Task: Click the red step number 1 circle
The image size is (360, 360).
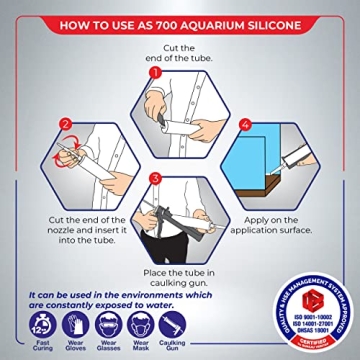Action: tap(155, 73)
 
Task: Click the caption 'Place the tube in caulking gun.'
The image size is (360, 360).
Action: tap(180, 278)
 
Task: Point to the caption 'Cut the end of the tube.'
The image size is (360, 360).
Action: tap(180, 48)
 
